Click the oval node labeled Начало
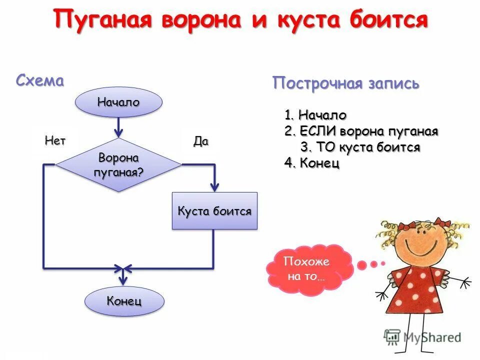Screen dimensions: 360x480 coord(118,102)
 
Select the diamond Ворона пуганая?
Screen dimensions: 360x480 coord(118,165)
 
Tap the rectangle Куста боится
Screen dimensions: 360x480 coord(214,211)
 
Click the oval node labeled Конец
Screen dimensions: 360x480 coord(124,301)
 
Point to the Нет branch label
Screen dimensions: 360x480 coord(55,141)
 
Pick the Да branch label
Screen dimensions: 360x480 coord(200,141)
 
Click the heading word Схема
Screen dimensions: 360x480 coord(40,80)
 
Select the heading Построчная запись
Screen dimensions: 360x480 coord(345,83)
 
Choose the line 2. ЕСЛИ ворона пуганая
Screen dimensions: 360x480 coord(361,131)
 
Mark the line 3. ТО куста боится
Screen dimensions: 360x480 coord(360,147)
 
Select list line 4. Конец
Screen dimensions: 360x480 coord(312,163)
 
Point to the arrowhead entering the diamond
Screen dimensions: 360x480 coord(118,132)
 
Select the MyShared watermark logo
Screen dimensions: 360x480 coord(422,337)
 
